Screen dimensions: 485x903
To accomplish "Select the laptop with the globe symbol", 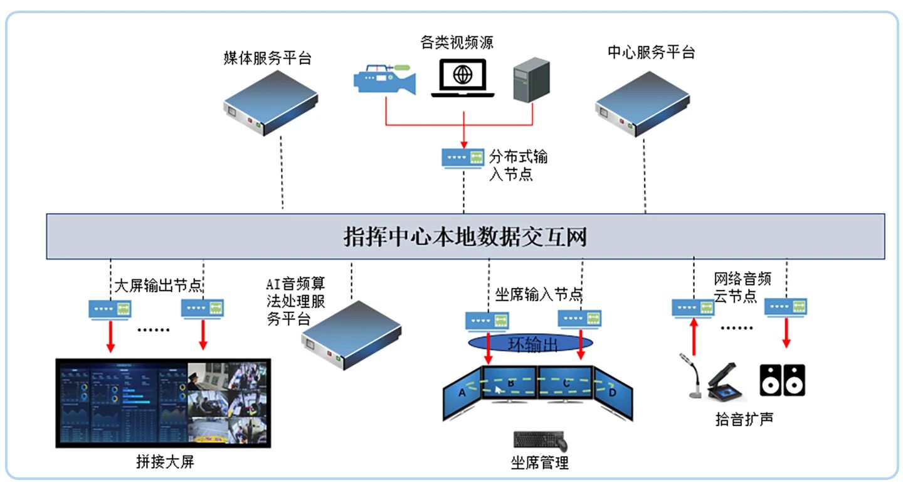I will click(463, 78).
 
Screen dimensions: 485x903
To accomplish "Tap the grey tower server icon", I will click(531, 80).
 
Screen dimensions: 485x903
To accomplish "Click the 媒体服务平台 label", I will click(268, 58).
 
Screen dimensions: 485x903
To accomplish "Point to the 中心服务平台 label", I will click(651, 52).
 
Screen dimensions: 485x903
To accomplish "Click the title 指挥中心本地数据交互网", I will click(465, 237).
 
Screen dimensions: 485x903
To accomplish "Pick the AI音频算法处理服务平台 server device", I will click(351, 334).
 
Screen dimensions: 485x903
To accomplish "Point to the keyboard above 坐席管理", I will click(539, 439).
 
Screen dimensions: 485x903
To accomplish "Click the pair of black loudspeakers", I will click(783, 380).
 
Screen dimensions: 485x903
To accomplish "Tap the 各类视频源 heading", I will click(457, 42).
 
